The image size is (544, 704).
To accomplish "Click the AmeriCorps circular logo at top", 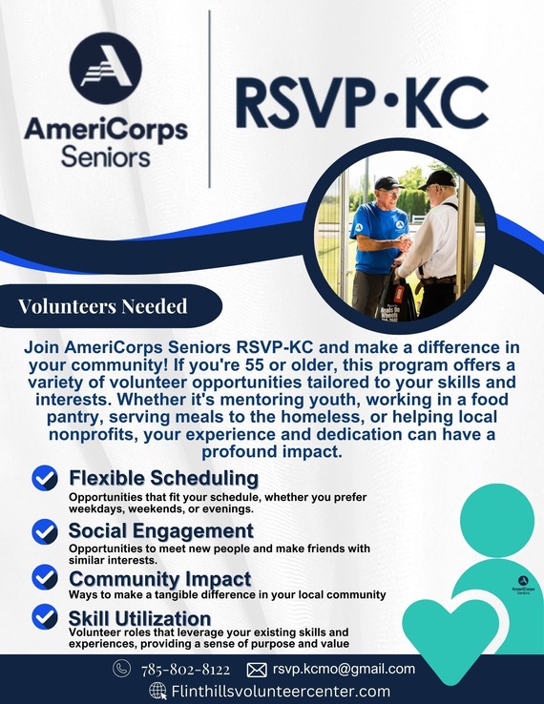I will click(x=105, y=68).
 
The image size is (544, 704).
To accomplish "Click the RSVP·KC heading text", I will click(x=362, y=103).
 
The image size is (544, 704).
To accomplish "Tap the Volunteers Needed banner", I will click(x=103, y=306).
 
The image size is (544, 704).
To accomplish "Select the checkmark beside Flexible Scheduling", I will click(x=44, y=478).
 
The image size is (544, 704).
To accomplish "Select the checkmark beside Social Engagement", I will click(x=44, y=531).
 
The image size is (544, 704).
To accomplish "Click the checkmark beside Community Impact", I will click(x=44, y=578).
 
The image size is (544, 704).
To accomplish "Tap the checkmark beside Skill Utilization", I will click(x=44, y=617).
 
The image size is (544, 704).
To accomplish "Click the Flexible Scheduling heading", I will click(x=163, y=477).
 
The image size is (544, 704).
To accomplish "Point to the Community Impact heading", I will click(x=159, y=579).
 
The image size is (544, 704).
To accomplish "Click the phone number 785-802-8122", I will click(x=186, y=670).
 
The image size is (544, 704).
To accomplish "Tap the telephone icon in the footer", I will click(x=121, y=669).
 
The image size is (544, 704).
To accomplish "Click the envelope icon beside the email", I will click(x=256, y=670).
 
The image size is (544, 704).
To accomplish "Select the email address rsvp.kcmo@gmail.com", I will click(x=344, y=669).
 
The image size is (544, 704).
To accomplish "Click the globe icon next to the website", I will click(x=158, y=692).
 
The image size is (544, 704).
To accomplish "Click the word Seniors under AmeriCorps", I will click(x=105, y=155).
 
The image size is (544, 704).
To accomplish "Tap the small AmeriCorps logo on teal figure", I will click(x=522, y=583).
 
